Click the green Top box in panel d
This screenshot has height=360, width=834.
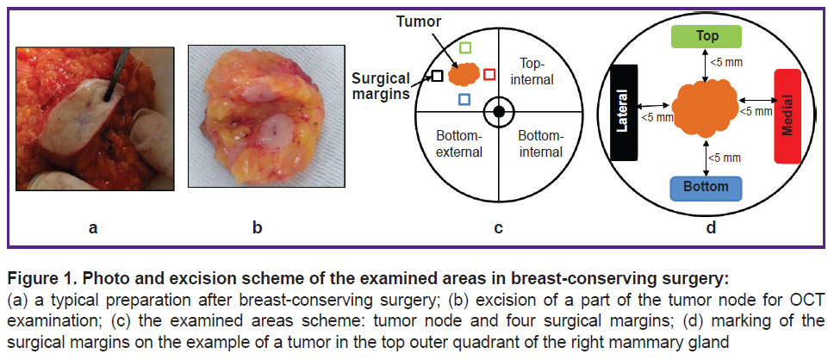(x=707, y=37)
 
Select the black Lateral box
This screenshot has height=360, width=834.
(x=625, y=112)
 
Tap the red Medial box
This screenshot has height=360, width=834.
(x=788, y=116)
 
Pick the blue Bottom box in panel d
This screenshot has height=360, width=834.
(x=706, y=189)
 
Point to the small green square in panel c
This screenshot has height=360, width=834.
(x=465, y=48)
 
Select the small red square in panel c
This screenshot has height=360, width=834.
(x=489, y=74)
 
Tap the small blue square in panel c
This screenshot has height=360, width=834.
(x=464, y=99)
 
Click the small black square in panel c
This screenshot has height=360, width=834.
(x=437, y=76)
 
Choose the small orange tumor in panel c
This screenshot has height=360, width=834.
(x=464, y=74)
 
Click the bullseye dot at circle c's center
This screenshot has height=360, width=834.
(x=498, y=112)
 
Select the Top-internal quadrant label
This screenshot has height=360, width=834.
(x=537, y=71)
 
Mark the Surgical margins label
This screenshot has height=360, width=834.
(x=380, y=87)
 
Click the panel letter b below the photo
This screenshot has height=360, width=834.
(x=258, y=228)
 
